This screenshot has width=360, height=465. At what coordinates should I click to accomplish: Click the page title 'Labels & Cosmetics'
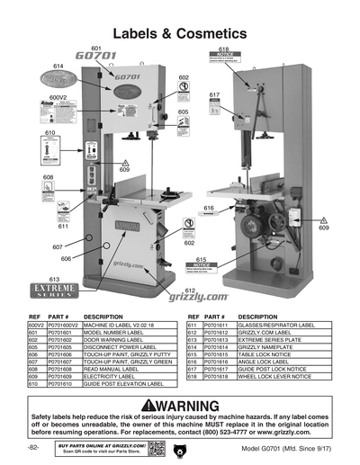coord(179,33)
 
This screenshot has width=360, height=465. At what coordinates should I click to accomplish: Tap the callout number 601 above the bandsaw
coord(96,47)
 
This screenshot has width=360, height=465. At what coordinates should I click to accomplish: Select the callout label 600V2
coord(58,96)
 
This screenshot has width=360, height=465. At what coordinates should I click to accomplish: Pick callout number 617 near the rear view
coord(214,94)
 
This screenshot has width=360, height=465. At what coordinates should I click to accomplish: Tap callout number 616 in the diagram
coord(209,208)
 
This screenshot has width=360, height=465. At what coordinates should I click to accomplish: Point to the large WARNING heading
coord(180,405)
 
